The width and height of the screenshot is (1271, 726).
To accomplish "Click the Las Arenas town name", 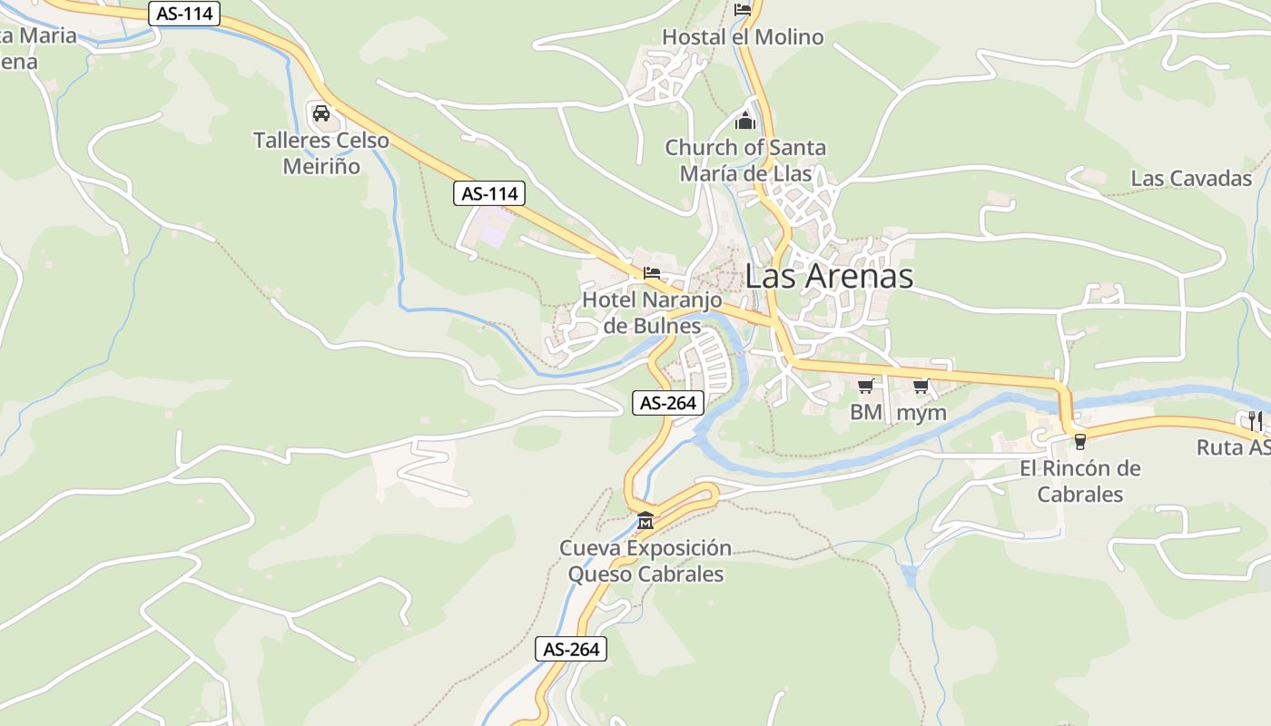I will [829, 276].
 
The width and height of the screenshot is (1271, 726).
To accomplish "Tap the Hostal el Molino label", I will [743, 37].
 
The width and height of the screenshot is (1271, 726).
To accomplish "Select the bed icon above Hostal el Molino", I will [743, 10].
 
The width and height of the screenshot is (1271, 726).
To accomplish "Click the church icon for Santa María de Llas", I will [745, 121].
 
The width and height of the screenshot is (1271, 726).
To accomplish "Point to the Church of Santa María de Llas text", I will [745, 160].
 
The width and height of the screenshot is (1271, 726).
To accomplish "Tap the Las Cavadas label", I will [1191, 178].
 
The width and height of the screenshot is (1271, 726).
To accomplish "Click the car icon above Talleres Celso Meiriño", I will [320, 113].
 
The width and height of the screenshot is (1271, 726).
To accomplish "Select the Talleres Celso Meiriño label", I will [321, 153].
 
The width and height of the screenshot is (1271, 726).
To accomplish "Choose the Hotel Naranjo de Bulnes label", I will [652, 312].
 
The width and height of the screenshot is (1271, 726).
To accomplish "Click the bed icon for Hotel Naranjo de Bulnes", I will [652, 272].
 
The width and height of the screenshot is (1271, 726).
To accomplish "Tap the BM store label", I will [866, 412].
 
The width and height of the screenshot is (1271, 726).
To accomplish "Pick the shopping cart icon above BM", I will [866, 387].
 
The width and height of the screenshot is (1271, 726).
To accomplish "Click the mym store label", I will [921, 412].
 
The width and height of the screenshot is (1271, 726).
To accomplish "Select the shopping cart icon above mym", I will [921, 387].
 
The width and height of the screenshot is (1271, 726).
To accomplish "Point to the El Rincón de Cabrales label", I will [1080, 481].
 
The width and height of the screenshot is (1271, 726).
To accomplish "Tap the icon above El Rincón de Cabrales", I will [1079, 441].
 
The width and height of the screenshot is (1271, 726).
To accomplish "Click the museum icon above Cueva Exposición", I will [645, 521].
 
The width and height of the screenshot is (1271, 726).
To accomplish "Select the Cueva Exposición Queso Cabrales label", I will [645, 561].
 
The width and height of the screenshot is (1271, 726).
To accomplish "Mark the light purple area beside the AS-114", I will [493, 231].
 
